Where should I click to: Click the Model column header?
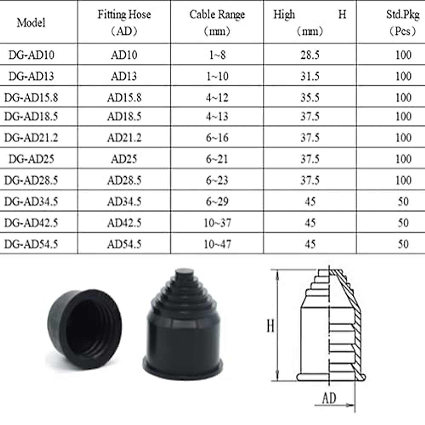[x=31, y=23]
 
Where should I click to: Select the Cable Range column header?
[x=217, y=22]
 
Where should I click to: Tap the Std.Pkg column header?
[x=402, y=22]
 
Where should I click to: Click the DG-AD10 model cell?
[x=31, y=55]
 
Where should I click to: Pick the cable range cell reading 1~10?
[x=217, y=76]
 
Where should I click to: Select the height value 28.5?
[x=310, y=55]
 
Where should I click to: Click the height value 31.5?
[x=310, y=76]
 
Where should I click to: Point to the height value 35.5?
[x=310, y=97]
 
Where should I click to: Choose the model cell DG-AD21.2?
[x=31, y=138]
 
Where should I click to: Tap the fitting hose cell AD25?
[x=124, y=159]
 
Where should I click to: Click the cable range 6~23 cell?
[x=217, y=180]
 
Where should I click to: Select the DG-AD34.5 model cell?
[x=31, y=202]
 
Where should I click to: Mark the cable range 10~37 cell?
[x=217, y=223]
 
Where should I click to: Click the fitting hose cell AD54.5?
[x=124, y=244]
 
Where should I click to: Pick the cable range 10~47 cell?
[x=217, y=244]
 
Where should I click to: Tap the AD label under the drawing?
[x=329, y=398]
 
